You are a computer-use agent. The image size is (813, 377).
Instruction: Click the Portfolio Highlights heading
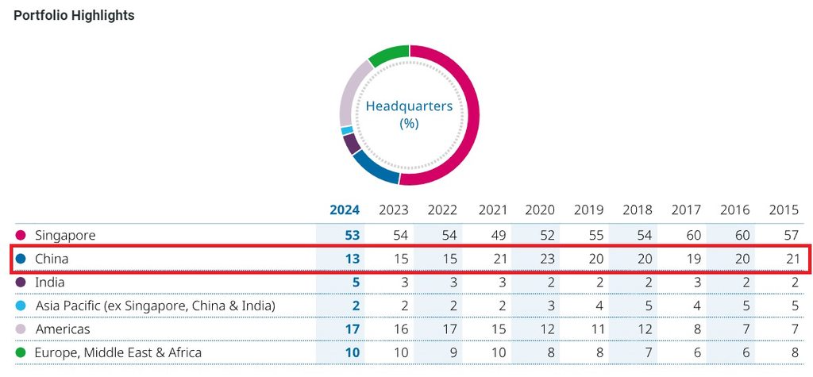74,16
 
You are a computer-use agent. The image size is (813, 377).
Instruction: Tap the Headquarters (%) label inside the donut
408,114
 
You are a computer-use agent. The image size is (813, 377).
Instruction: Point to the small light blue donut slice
346,130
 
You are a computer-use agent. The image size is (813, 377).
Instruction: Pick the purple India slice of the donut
351,144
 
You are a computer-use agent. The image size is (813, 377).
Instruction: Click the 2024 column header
345,210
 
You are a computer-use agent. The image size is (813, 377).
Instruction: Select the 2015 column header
784,210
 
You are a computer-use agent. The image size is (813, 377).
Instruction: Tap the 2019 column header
588,210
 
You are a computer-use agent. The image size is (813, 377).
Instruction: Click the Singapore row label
65,236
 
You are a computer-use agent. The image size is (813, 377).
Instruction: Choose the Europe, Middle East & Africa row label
118,352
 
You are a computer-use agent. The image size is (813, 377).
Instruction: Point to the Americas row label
63,329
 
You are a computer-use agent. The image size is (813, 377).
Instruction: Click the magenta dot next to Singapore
21,236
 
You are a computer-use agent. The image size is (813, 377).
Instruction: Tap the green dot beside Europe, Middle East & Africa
21,352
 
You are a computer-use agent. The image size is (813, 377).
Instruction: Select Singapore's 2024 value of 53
352,236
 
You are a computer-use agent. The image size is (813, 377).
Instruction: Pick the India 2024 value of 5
356,283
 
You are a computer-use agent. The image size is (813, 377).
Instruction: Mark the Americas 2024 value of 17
352,329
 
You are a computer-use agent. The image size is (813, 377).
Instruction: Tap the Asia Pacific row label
155,306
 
